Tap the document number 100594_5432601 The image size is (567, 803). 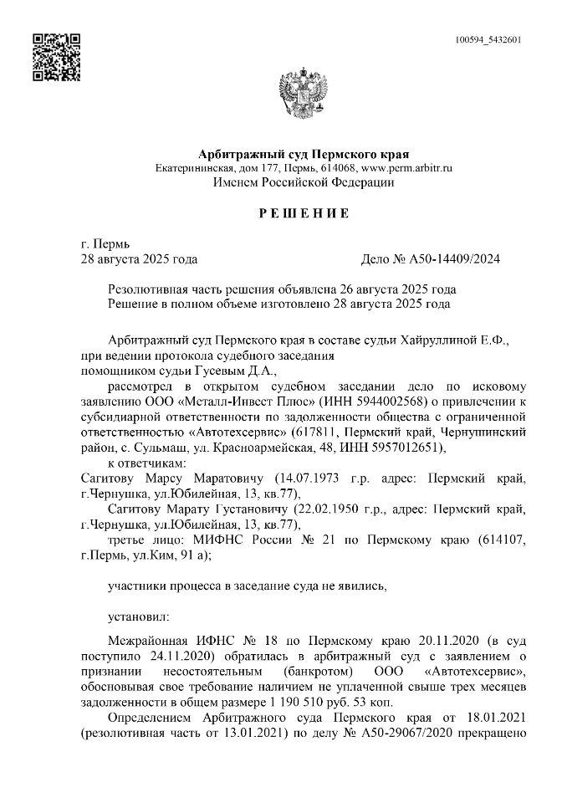pos(489,40)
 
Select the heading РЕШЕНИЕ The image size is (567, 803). pos(304,214)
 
